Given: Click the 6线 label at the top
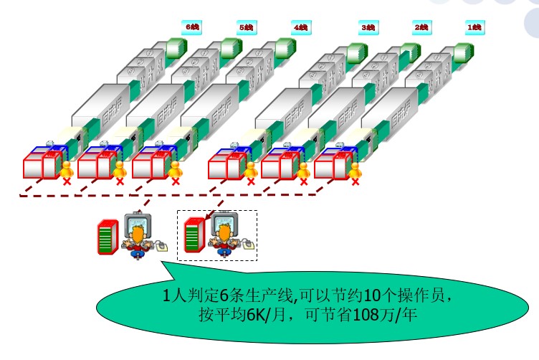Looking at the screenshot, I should coord(194,27).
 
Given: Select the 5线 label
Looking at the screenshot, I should coord(245,27).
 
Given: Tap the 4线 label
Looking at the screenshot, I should coord(300,27).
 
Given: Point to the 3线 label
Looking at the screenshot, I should coord(368,27).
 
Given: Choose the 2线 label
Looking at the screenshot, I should coord(421,27).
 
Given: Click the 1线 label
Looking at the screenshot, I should coord(474,27).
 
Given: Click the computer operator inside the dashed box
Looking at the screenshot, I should coord(224,235).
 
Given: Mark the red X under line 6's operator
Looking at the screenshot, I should coord(68,183).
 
